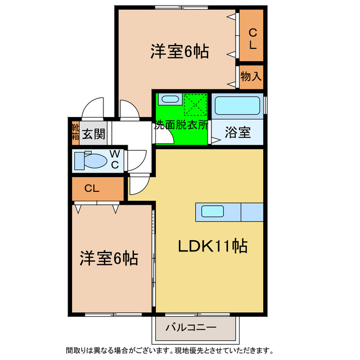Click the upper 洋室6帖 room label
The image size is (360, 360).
click(179, 52)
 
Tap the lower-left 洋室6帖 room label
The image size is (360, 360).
click(108, 258)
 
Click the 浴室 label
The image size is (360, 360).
click(237, 133)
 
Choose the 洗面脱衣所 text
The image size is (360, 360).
click(182, 125)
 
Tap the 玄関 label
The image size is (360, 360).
click(93, 134)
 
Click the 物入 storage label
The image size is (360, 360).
click(251, 76)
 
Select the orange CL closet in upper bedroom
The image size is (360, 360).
click(253, 38)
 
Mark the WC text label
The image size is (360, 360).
click(114, 159)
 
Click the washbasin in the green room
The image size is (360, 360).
click(169, 100)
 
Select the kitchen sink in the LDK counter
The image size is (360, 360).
click(213, 212)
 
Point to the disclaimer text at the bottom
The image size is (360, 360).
click(170, 349)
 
